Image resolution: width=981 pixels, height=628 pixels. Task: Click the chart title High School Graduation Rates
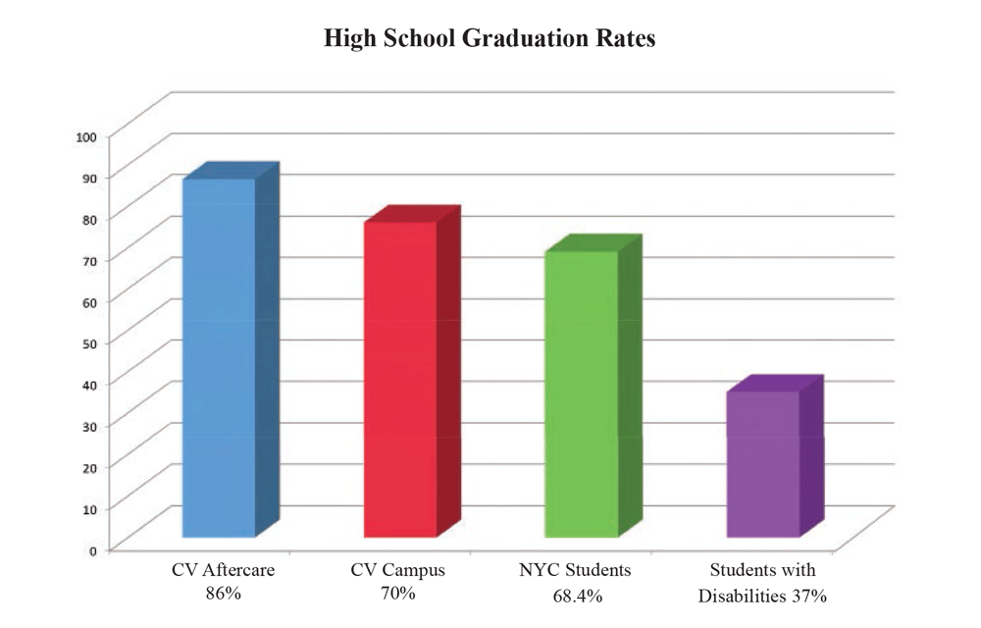[490, 40]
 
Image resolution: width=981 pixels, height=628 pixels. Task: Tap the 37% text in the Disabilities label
[807, 595]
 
